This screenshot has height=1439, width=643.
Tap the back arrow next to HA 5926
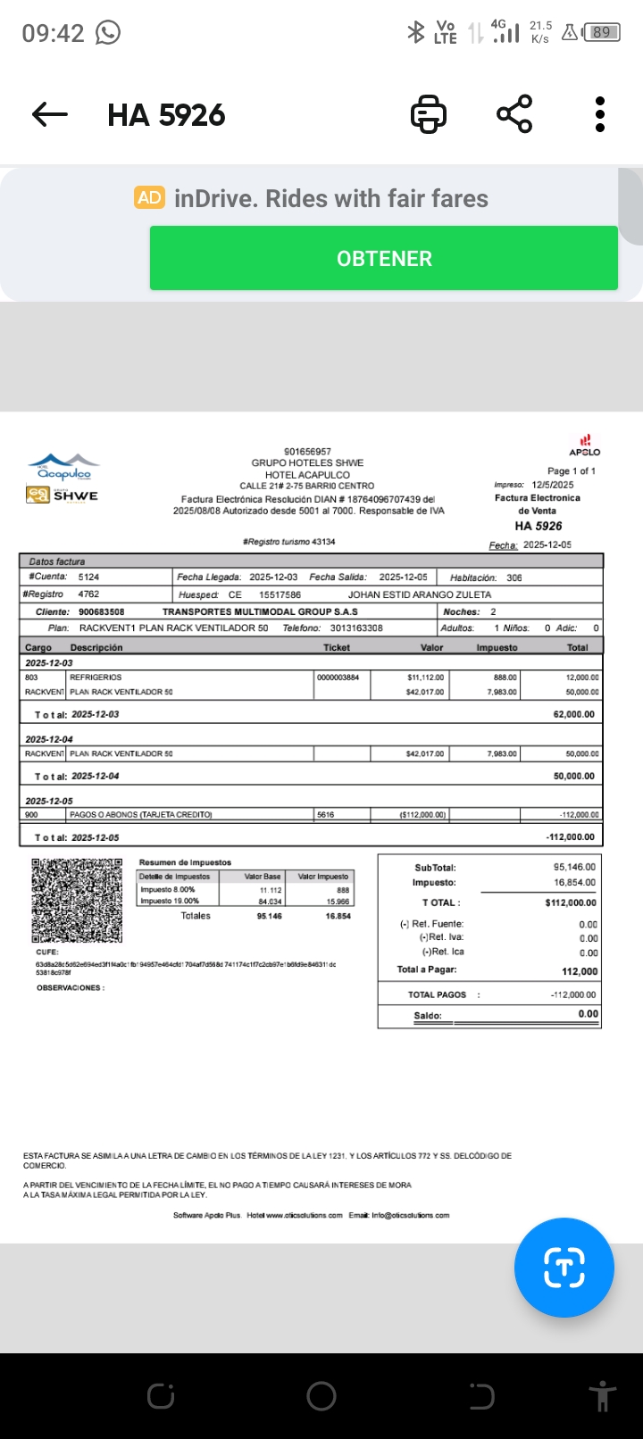click(50, 114)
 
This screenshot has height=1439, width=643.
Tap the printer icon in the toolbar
click(428, 114)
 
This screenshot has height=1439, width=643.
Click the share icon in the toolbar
click(514, 114)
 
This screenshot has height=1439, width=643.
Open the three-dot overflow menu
click(600, 114)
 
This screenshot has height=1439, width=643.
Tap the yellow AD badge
click(149, 197)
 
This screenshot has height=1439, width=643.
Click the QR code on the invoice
click(77, 901)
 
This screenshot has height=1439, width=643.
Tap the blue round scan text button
click(564, 1267)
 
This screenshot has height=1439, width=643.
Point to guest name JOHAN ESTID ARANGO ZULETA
click(419, 595)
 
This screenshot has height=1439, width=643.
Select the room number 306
click(514, 578)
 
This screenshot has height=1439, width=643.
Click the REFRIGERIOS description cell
click(96, 678)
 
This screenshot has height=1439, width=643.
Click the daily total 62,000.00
click(573, 714)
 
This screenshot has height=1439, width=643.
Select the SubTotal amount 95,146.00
click(574, 867)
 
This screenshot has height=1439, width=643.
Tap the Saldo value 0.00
click(588, 1014)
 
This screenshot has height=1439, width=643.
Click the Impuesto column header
click(497, 647)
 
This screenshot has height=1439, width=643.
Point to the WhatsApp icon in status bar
click(107, 33)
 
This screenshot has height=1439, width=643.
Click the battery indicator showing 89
click(602, 33)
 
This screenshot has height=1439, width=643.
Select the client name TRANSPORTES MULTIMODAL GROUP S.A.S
click(260, 611)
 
